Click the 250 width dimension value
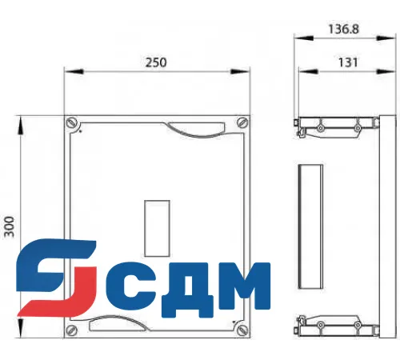coord(156,63)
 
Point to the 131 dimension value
coord(342,62)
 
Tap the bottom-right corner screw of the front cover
coord(241,327)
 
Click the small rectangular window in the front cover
coord(154,225)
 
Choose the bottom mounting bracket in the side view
coord(336,326)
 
